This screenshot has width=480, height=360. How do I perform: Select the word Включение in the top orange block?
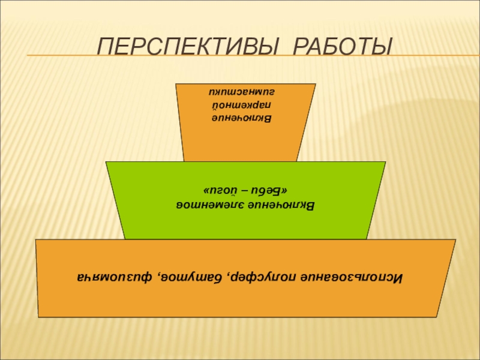pyautogui.click(x=244, y=119)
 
